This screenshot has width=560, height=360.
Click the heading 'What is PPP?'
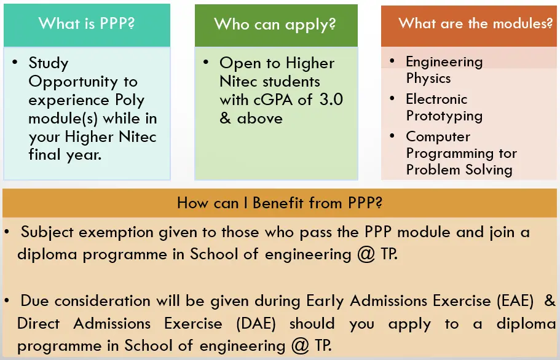click(x=87, y=23)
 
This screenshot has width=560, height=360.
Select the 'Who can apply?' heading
click(x=275, y=25)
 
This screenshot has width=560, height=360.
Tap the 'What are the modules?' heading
click(x=475, y=23)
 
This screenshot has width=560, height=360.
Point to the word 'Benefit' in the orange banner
click(x=277, y=203)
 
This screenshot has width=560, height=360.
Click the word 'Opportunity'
click(x=73, y=82)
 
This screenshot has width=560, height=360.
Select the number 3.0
click(x=331, y=100)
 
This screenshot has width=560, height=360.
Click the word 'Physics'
click(x=428, y=79)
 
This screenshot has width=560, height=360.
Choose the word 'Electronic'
click(x=436, y=99)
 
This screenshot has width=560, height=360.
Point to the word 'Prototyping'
click(x=444, y=116)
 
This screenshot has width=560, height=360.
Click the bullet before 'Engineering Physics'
click(x=392, y=61)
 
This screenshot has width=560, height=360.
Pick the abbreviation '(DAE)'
click(x=256, y=324)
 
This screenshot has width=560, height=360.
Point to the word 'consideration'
click(x=102, y=301)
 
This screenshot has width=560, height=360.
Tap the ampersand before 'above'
click(x=225, y=118)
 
